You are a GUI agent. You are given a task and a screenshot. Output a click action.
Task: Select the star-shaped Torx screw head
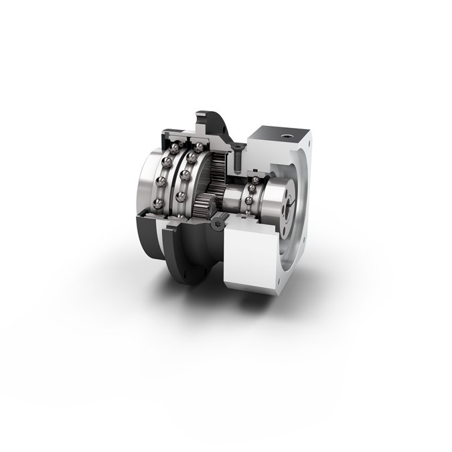pyautogui.click(x=218, y=228)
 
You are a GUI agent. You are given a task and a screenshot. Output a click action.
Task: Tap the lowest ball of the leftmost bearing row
pyautogui.click(x=158, y=203)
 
